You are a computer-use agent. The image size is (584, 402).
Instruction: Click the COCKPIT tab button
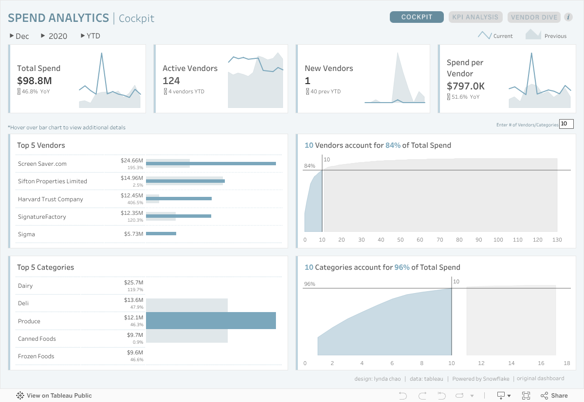(417, 17)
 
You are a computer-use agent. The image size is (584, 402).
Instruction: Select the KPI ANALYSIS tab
(475, 17)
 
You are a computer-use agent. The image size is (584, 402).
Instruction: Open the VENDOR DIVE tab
(534, 17)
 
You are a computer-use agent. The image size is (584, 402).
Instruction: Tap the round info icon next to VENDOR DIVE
(568, 17)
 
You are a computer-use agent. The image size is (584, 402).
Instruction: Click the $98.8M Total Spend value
(35, 81)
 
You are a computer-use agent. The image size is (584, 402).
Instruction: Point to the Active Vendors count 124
(171, 81)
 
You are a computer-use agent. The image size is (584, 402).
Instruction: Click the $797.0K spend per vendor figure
(466, 86)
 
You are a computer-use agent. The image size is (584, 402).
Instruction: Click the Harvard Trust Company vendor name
(51, 199)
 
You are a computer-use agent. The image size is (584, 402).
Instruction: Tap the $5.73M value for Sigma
(133, 234)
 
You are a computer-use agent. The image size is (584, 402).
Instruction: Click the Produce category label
(29, 321)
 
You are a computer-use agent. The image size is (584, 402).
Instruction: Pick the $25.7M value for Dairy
(133, 282)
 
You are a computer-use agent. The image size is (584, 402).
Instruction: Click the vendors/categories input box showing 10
(566, 124)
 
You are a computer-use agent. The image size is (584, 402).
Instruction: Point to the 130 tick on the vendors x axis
(557, 240)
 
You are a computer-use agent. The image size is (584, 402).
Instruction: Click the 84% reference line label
(310, 166)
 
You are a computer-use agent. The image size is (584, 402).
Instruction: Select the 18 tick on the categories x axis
(567, 363)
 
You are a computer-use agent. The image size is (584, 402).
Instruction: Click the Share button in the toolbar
(554, 396)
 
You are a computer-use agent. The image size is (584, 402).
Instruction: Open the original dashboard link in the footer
(541, 379)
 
